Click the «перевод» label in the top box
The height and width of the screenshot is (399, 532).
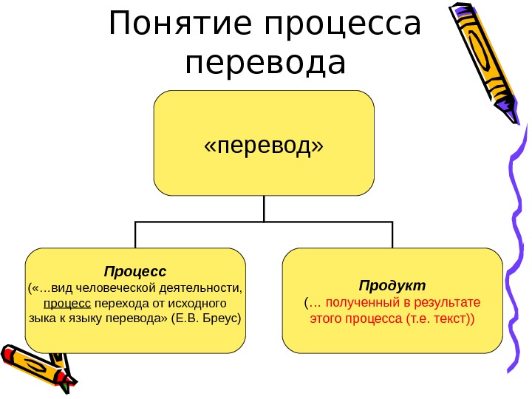click(264, 145)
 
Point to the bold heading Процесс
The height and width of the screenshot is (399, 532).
click(135, 271)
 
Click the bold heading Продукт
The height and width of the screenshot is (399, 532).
click(392, 285)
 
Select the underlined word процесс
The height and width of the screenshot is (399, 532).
click(68, 304)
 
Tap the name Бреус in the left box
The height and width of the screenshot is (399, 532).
click(222, 319)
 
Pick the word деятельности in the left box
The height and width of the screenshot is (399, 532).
click(204, 287)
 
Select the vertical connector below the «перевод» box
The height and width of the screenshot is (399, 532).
click(264, 208)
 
